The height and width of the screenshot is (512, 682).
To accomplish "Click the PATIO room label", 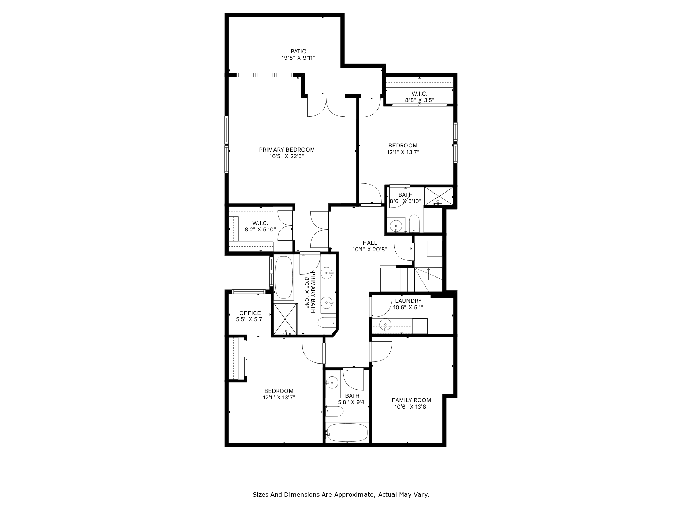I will point(298,52).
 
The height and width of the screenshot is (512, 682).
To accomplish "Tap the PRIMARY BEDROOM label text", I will point(286,150).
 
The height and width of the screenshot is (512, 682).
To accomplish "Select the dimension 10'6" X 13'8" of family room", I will point(411,407).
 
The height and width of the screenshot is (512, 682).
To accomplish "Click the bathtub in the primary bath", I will point(284,278).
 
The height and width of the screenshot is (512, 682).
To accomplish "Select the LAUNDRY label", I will point(408,301).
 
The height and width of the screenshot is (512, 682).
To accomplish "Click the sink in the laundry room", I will point(385,324).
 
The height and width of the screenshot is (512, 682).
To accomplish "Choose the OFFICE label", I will point(250,313).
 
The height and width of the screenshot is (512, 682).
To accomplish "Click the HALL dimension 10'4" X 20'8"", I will point(370,250).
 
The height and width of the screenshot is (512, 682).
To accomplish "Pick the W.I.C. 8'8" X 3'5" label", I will point(419,94).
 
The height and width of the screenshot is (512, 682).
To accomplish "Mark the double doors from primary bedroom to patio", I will point(326,106).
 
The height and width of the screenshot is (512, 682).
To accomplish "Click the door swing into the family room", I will point(381,352).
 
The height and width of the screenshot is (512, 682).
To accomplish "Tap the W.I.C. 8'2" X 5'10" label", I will point(260,223).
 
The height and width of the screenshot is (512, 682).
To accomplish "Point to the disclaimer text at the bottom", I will point(341,494).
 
